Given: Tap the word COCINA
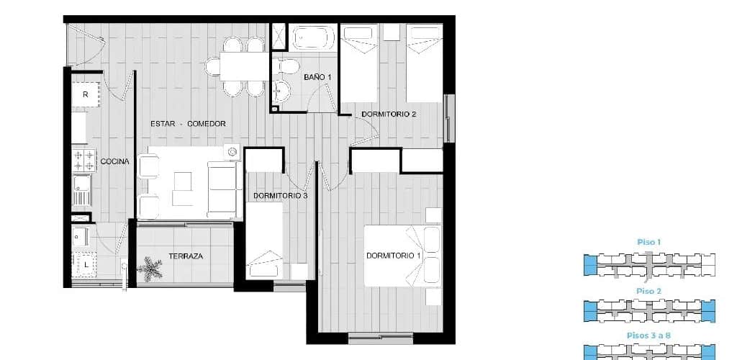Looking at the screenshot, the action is pyautogui.click(x=114, y=162).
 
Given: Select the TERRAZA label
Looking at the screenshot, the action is pyautogui.click(x=186, y=256).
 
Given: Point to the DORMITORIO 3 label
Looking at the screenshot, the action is pyautogui.click(x=280, y=196).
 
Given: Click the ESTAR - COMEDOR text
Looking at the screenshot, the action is pyautogui.click(x=188, y=124).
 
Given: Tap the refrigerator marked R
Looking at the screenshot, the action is pyautogui.click(x=86, y=94).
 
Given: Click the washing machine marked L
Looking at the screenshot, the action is pyautogui.click(x=86, y=264).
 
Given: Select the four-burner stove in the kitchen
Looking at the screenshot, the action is pyautogui.click(x=83, y=161).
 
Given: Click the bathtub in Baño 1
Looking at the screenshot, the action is pyautogui.click(x=314, y=37).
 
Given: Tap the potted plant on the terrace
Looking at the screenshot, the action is pyautogui.click(x=150, y=269).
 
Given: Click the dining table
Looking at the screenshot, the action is pyautogui.click(x=244, y=66).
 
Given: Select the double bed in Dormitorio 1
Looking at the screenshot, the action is pyautogui.click(x=402, y=256).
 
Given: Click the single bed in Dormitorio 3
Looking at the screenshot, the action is pyautogui.click(x=264, y=240).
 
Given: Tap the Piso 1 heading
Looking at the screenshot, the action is pyautogui.click(x=649, y=243).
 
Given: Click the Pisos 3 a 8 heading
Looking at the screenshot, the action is pyautogui.click(x=649, y=336).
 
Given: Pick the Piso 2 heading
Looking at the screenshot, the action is pyautogui.click(x=649, y=292).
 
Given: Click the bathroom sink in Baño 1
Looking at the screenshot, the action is pyautogui.click(x=281, y=90).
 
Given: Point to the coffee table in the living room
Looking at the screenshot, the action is pyautogui.click(x=182, y=188).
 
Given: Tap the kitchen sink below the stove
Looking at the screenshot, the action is pyautogui.click(x=82, y=190).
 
